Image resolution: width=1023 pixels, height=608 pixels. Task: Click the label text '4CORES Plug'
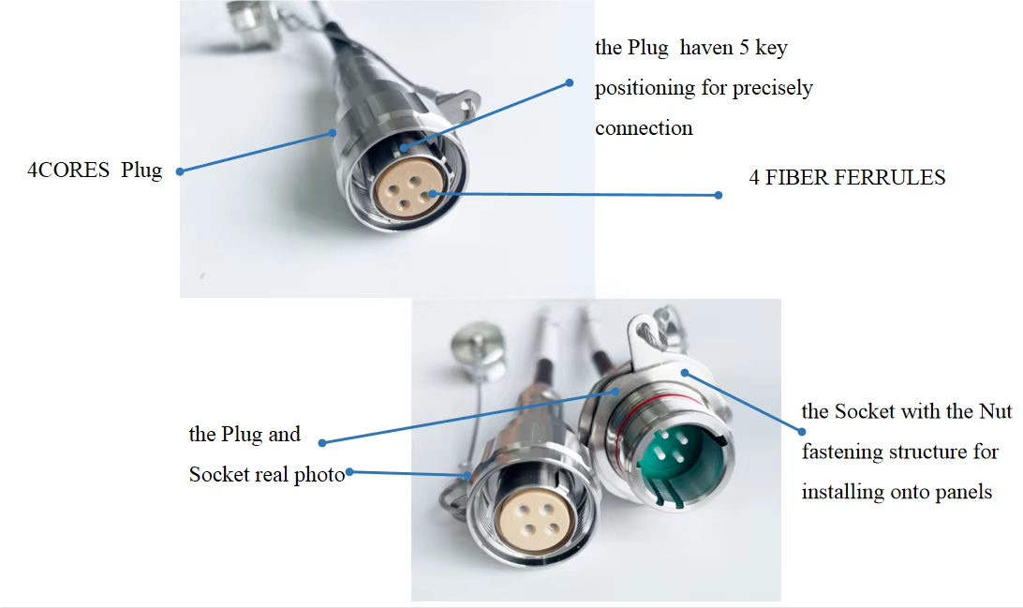pos(95,171)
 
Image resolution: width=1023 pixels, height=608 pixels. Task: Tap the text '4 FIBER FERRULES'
pos(847,178)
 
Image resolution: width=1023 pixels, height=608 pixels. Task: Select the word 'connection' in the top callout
pos(644,128)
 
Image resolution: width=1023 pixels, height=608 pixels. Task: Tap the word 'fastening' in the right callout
pos(841,452)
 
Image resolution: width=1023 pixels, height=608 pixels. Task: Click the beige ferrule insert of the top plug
pos(405,184)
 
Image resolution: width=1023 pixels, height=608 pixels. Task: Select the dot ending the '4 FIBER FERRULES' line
pos(719,195)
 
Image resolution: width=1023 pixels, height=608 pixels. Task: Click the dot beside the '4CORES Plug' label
pos(179,171)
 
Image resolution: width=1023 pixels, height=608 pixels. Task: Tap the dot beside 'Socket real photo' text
pos(350,472)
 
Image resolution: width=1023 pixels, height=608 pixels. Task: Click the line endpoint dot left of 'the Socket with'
pos(803,431)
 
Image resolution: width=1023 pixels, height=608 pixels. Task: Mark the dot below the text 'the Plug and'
pos(322,442)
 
